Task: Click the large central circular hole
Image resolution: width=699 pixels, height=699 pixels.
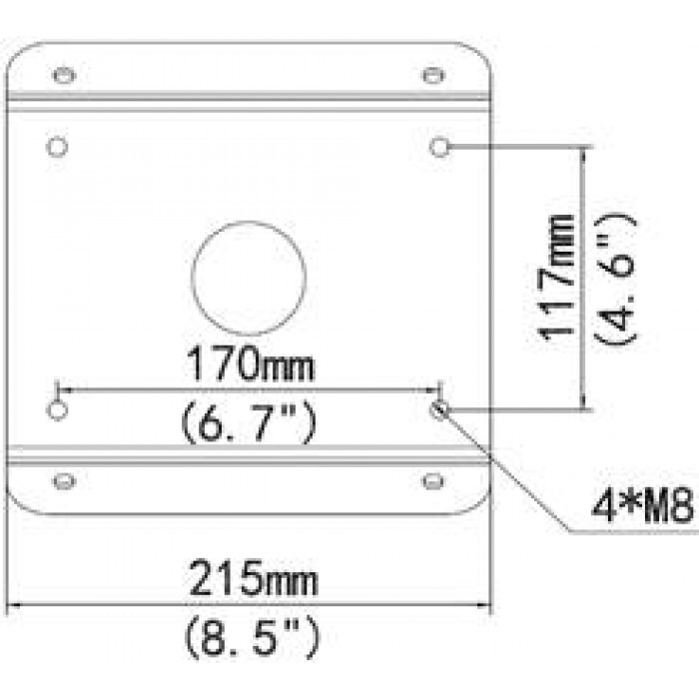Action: pyautogui.click(x=248, y=278)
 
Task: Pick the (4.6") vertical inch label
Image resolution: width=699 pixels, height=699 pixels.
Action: pyautogui.click(x=615, y=278)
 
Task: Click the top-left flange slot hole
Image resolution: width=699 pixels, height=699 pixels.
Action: pyautogui.click(x=64, y=76)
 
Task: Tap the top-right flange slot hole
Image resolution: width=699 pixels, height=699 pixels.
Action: pyautogui.click(x=432, y=76)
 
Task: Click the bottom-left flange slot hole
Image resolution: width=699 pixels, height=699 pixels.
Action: pyautogui.click(x=64, y=481)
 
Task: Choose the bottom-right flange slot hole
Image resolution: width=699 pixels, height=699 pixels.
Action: pyautogui.click(x=432, y=481)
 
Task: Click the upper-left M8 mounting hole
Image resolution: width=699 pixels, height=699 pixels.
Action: pyautogui.click(x=57, y=148)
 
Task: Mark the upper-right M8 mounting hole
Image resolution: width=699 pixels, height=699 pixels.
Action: pyautogui.click(x=439, y=148)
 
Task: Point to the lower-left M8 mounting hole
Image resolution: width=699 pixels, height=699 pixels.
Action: pyautogui.click(x=57, y=409)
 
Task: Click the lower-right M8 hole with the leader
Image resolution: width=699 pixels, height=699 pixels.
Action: pyautogui.click(x=439, y=409)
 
